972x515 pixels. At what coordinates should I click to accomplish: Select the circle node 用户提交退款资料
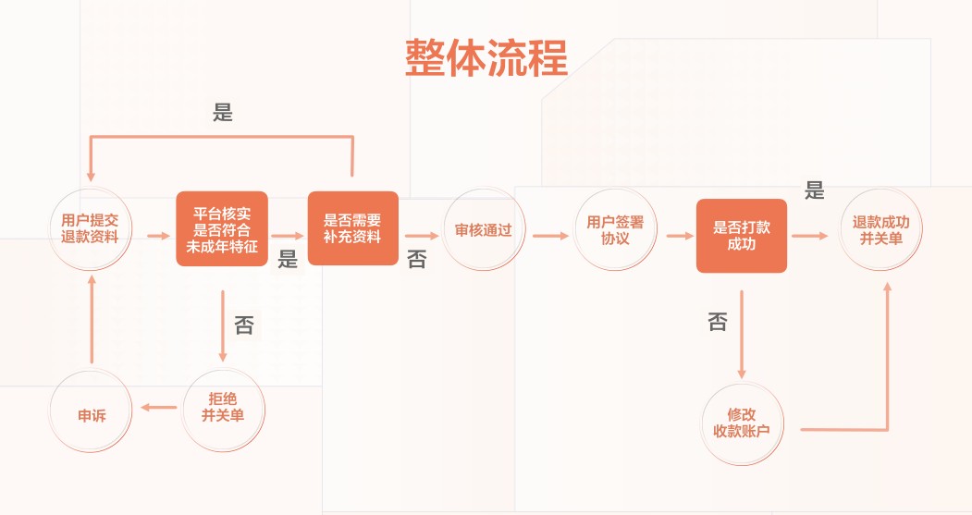coord(91,228)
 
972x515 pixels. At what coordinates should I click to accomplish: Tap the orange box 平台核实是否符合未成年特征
coord(222,228)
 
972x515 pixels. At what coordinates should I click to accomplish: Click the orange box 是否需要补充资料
coord(352,228)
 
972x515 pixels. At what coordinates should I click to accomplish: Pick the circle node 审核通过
coord(484,229)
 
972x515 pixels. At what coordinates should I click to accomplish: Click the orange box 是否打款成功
coord(741,236)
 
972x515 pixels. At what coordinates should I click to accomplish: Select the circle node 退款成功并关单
coord(880,229)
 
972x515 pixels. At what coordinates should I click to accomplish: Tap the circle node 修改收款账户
coord(742,423)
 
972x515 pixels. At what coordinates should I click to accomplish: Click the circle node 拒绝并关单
coord(223,407)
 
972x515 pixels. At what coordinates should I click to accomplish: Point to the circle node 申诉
coord(92,414)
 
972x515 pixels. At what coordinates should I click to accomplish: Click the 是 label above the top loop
coord(223,113)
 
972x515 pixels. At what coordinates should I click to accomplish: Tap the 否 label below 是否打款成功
coord(718,322)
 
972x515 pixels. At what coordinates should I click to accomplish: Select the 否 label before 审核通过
coord(417,260)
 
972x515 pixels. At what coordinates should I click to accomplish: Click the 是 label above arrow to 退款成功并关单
coord(814,191)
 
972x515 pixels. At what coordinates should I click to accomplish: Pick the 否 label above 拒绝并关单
coord(244,325)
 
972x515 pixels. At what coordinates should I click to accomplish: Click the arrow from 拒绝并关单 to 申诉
coord(158,407)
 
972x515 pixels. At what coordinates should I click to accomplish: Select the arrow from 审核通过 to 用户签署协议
coord(550,236)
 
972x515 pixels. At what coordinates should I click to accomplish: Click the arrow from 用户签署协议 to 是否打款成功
coord(679,236)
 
